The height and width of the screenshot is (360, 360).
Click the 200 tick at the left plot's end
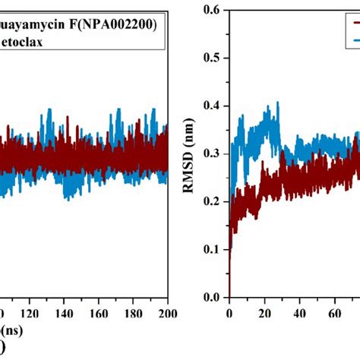click(166, 311)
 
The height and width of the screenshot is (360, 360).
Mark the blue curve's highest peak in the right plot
click(277, 103)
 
